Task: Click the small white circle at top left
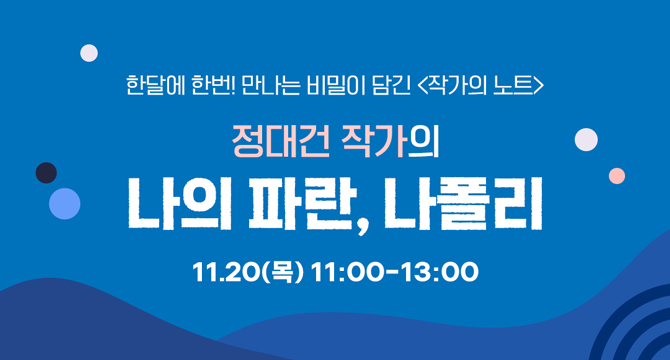click(89, 53)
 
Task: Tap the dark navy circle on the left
click(46, 173)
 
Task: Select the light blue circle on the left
click(65, 203)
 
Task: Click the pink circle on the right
click(617, 176)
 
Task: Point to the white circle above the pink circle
click(587, 139)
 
